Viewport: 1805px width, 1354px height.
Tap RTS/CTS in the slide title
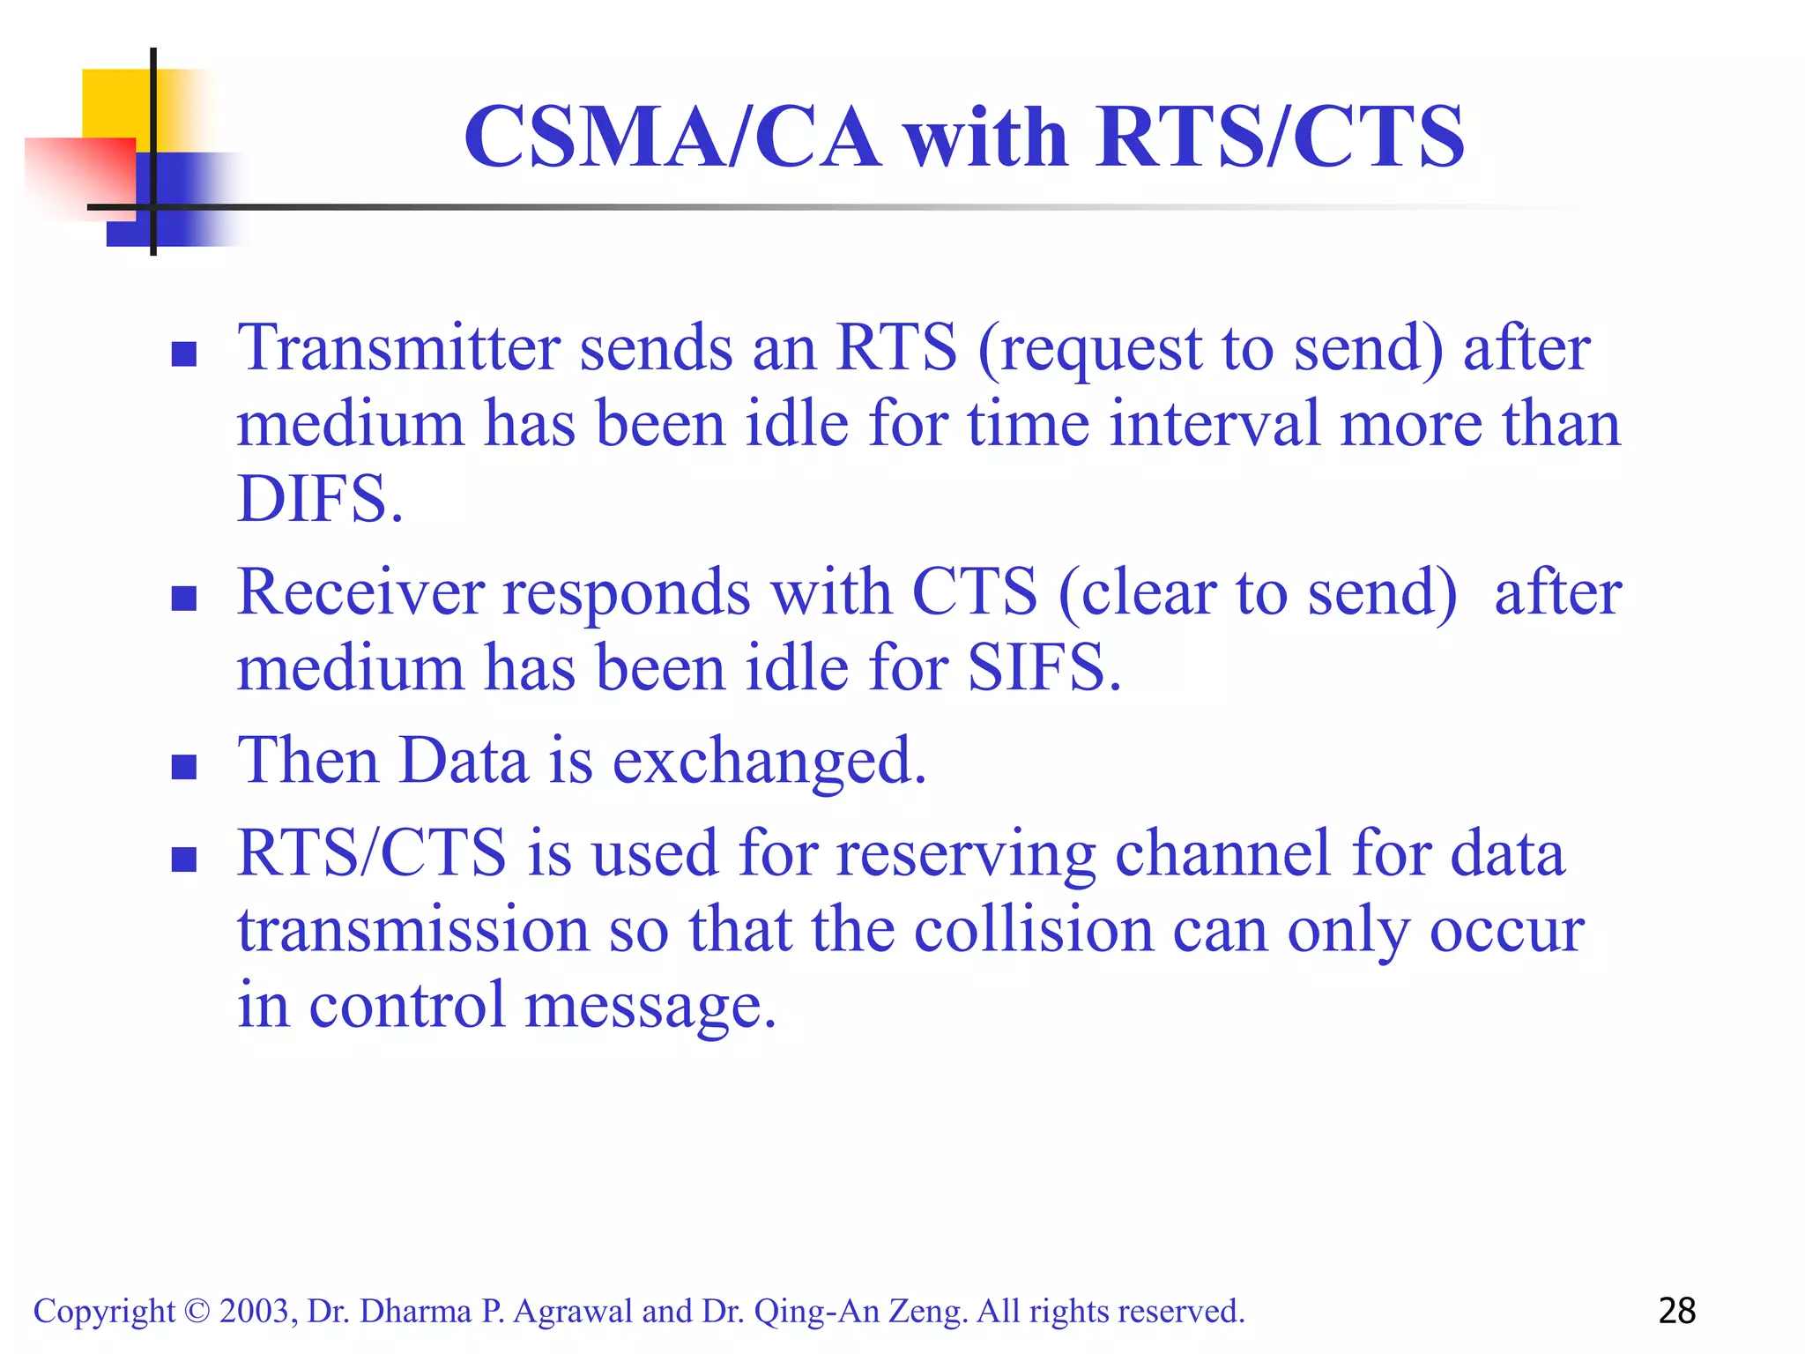point(1280,137)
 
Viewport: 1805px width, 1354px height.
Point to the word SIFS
point(1044,667)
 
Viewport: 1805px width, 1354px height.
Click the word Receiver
point(360,592)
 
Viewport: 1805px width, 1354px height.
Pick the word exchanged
point(769,760)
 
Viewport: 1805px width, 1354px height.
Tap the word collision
point(1033,930)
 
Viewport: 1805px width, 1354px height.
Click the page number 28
point(1676,1312)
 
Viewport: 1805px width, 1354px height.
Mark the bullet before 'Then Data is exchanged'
point(183,766)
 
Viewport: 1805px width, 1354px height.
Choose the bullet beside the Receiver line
point(183,599)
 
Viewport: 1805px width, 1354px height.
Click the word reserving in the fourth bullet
point(965,855)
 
